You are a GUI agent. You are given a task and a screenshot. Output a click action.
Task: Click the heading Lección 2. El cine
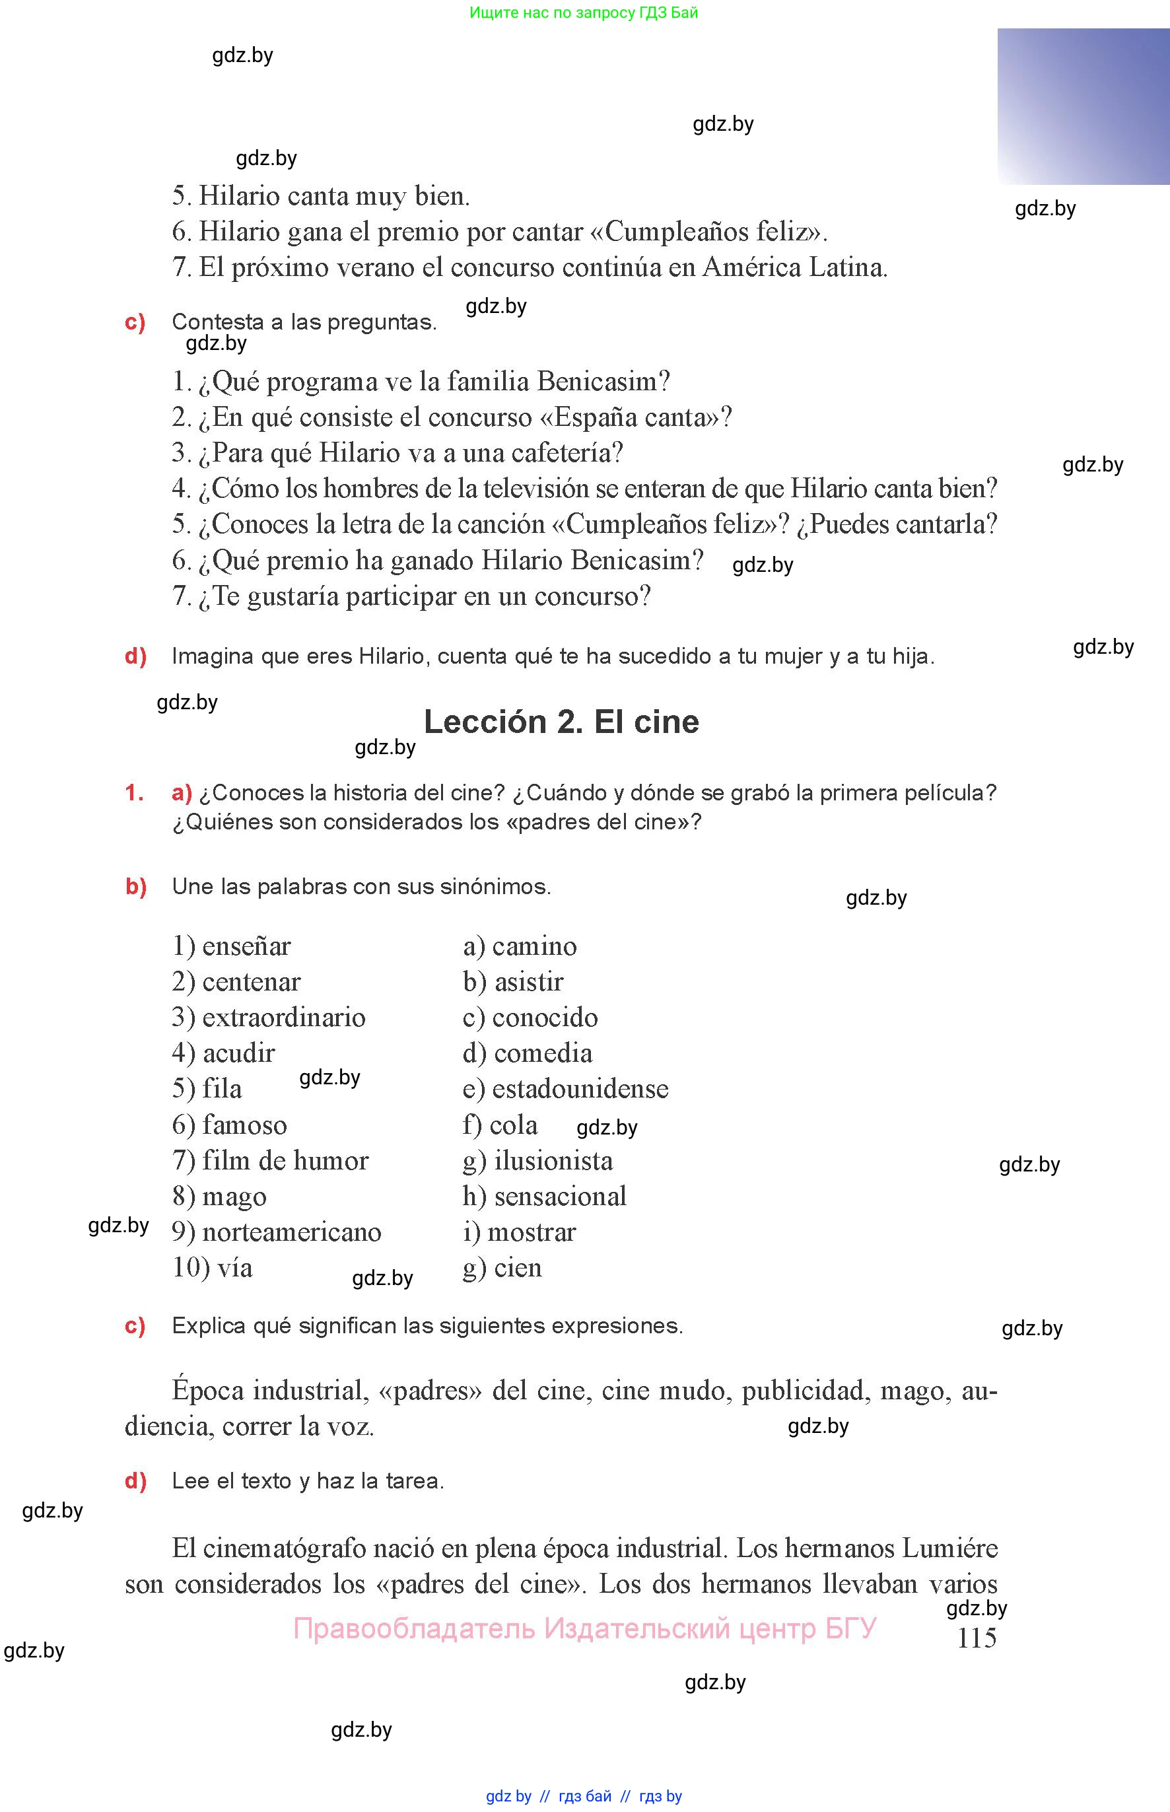coord(561,721)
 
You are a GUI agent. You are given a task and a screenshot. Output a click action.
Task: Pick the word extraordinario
coord(283,1018)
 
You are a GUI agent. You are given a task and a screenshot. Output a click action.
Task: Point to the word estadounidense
coord(580,1089)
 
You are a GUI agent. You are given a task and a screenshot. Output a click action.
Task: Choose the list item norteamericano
coord(292,1232)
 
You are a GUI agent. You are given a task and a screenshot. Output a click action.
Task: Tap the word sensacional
coord(560,1196)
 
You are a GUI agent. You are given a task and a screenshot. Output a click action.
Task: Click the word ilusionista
coord(553,1160)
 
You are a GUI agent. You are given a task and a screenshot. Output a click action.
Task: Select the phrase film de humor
coord(285,1160)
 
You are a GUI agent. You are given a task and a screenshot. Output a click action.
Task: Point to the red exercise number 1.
coord(134,792)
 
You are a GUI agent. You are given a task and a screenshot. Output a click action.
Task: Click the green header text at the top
coord(584,12)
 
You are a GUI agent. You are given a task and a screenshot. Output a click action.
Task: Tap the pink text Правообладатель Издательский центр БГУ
coord(584,1629)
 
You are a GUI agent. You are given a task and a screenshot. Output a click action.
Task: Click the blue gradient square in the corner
coord(1083,106)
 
